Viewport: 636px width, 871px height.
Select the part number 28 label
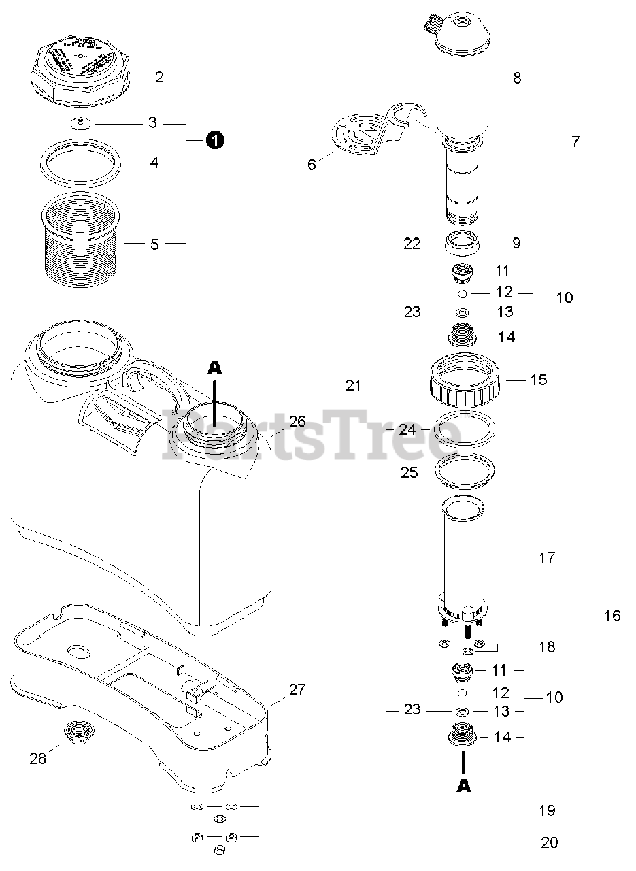coord(38,758)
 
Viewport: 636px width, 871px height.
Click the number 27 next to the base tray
coord(297,689)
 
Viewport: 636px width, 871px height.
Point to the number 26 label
coord(297,421)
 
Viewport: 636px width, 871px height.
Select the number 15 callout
coord(538,379)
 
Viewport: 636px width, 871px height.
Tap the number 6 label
coord(312,164)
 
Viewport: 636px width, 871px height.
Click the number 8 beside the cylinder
coord(517,78)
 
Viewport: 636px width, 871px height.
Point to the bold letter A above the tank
coord(214,367)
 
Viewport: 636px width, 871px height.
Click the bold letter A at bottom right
coord(463,785)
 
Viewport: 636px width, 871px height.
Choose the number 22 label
coord(412,244)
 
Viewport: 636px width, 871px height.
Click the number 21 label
coord(352,386)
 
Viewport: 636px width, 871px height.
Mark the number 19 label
coord(548,810)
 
